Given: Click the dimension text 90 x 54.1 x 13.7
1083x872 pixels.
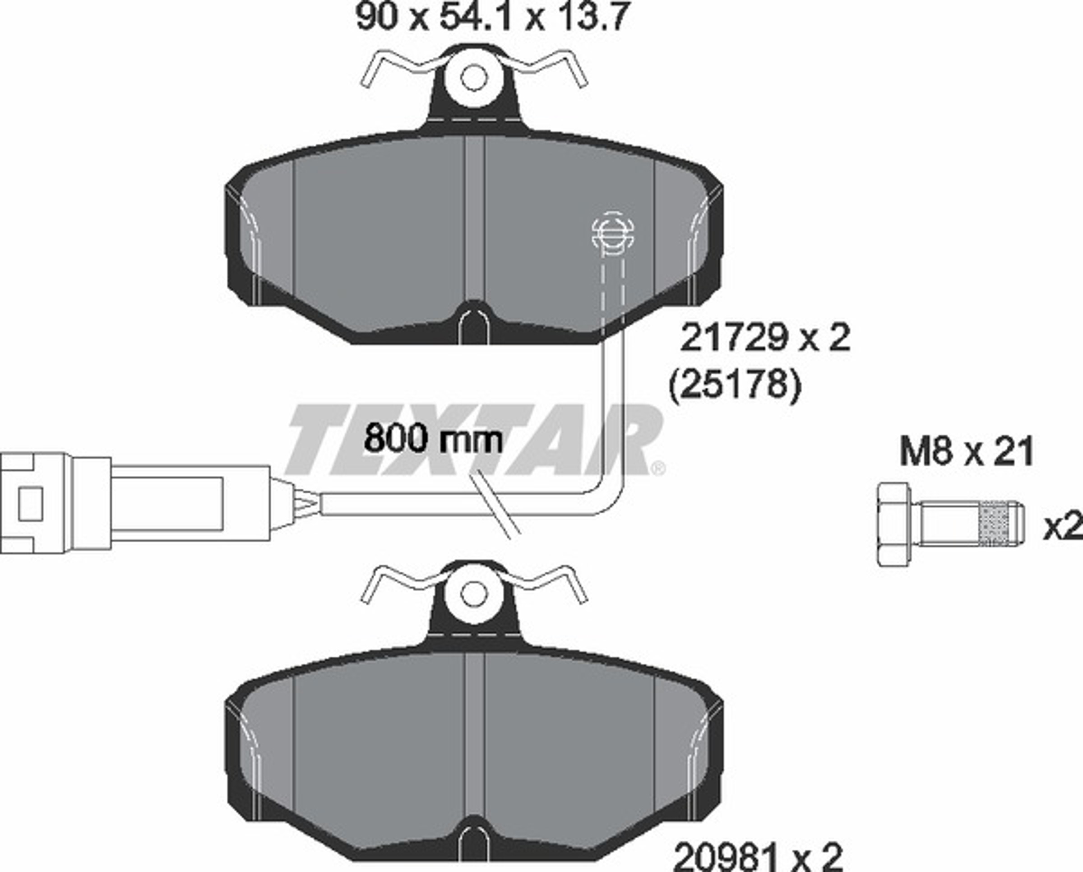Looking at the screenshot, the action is pyautogui.click(x=492, y=18).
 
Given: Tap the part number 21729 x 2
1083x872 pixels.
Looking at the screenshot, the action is pyautogui.click(x=765, y=338).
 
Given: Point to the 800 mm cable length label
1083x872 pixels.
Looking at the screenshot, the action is pyautogui.click(x=433, y=439).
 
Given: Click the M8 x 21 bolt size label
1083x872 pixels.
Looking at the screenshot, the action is pyautogui.click(x=967, y=451).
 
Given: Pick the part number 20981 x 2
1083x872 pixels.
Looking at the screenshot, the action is pyautogui.click(x=758, y=857).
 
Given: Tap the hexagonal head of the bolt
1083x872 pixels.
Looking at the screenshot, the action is pyautogui.click(x=893, y=525).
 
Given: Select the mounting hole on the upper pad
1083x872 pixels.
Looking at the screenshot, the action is pyautogui.click(x=474, y=78).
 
